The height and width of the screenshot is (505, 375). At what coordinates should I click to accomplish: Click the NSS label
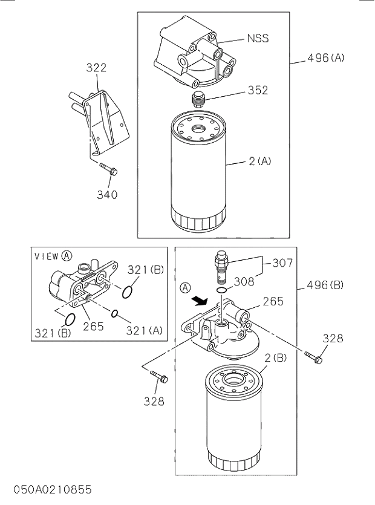(257, 39)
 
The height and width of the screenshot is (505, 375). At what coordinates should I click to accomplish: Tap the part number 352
(257, 90)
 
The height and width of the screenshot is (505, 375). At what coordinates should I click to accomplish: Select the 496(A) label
(325, 58)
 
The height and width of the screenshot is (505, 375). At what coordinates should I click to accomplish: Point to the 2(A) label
(259, 161)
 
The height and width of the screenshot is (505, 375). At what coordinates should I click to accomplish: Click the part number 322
(96, 68)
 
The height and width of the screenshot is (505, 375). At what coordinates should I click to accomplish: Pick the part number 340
(107, 195)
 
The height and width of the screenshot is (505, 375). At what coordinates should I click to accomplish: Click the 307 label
(282, 262)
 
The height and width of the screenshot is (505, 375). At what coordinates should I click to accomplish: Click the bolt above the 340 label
(108, 171)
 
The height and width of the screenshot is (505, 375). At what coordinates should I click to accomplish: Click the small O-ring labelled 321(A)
(113, 313)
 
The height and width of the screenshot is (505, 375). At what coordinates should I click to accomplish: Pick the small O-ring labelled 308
(223, 291)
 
